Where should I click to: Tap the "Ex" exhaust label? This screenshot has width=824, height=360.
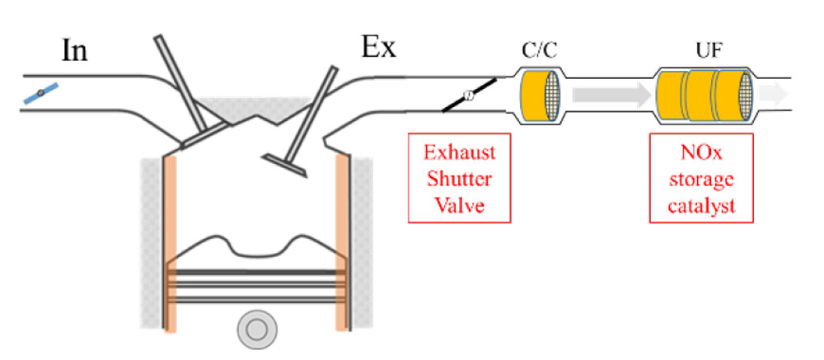[x=379, y=47]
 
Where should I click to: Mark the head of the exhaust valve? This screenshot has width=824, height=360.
[x=283, y=163]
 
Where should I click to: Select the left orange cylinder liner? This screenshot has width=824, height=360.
[x=171, y=243]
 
